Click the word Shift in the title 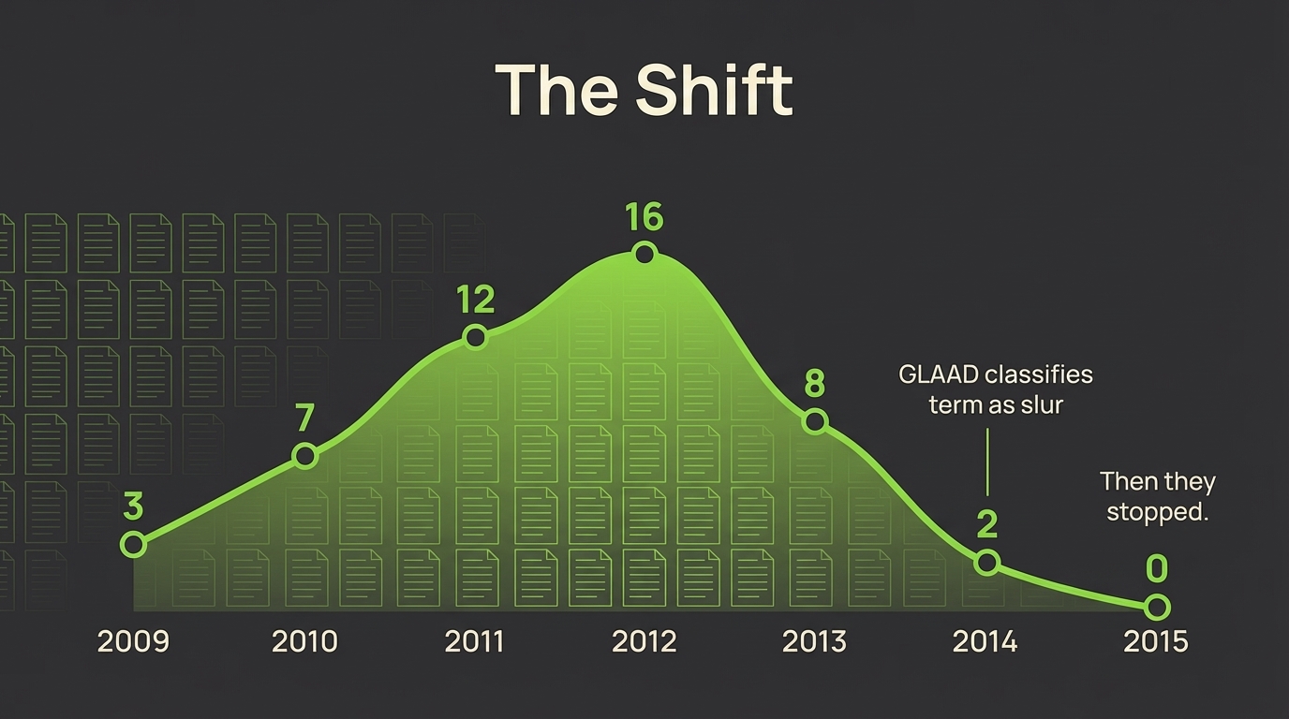pos(714,90)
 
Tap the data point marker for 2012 pos(644,254)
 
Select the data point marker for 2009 pos(133,544)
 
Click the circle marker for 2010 pos(304,456)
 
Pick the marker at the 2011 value pos(475,337)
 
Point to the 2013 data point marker pos(815,421)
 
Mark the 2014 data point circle pos(986,563)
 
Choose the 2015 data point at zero pos(1158,608)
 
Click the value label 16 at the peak pos(644,217)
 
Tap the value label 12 pos(475,300)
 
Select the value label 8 pos(815,384)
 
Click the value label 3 pos(133,506)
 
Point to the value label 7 pos(304,418)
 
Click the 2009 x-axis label pos(133,641)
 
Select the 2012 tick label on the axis pos(644,641)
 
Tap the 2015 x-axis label pos(1156,641)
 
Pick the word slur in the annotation pos(1041,405)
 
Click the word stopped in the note pos(1157,513)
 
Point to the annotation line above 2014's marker pos(987,462)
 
